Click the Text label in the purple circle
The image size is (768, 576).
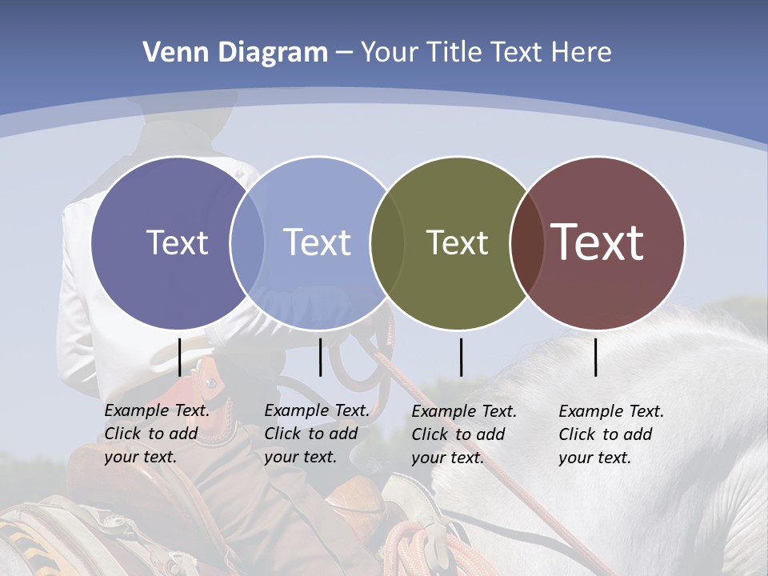tap(177, 242)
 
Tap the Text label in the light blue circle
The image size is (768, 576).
tap(317, 242)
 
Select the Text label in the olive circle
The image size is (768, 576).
tap(457, 242)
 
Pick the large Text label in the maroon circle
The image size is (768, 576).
tap(598, 242)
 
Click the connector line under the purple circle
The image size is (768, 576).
tap(179, 357)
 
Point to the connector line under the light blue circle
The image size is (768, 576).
tap(320, 357)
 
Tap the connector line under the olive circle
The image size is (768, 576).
tap(461, 357)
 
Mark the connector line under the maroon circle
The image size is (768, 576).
tap(596, 357)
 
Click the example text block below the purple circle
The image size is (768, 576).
tap(157, 434)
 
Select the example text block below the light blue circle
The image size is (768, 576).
tap(317, 434)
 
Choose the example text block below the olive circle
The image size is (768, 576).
tap(464, 434)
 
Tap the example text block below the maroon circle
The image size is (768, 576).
tap(611, 434)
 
